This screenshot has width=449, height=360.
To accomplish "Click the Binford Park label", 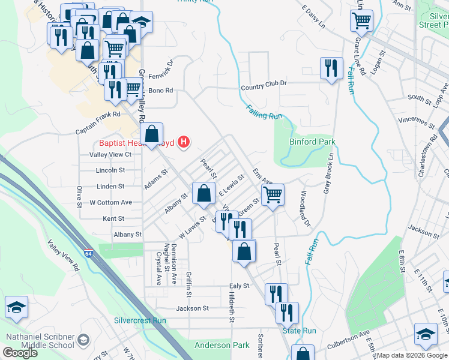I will [x=312, y=142].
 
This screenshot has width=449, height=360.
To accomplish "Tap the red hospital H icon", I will [x=185, y=142].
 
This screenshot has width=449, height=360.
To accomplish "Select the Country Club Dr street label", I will [x=264, y=87].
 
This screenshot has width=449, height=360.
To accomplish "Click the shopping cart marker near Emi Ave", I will [x=273, y=194].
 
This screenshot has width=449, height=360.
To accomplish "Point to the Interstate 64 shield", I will [x=89, y=254].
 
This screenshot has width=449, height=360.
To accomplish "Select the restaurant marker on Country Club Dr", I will [x=331, y=68].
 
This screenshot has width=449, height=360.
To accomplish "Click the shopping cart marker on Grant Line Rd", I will [x=362, y=20].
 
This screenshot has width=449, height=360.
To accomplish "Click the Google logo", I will [x=20, y=353].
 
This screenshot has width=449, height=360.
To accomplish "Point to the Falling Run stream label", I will [x=264, y=111].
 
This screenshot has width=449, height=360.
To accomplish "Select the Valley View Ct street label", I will [x=110, y=154].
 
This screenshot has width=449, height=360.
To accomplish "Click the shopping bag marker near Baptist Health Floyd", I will [x=152, y=133].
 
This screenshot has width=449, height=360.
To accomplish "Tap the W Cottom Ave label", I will [x=110, y=202].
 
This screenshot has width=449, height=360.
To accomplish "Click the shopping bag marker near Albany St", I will [x=203, y=193].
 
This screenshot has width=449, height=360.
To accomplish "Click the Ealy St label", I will [x=238, y=286].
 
